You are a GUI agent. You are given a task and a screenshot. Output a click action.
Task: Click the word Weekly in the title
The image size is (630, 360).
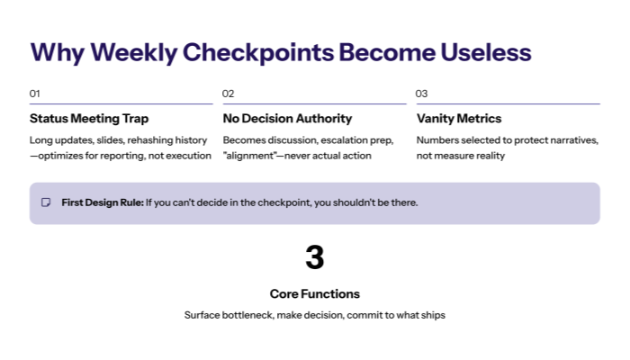pos(132,52)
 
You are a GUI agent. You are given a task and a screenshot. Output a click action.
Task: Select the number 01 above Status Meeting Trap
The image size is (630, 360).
pos(35,94)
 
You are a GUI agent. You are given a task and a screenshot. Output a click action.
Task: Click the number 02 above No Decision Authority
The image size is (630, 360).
pos(229,94)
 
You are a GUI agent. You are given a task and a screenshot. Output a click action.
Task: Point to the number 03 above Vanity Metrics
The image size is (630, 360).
pos(421,94)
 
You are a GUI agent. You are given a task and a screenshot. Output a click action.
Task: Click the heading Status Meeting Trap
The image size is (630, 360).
pos(89,119)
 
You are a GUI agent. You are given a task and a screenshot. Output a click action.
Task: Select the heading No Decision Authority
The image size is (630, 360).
pos(287,119)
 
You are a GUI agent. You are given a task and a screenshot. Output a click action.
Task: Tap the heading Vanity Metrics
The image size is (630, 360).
pos(459,119)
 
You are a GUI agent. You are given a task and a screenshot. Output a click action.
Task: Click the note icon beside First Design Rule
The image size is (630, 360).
pos(46,202)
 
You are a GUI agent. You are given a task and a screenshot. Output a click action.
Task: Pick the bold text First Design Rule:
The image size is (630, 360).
pos(102,202)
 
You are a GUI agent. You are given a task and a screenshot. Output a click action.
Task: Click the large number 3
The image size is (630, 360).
pos(314,258)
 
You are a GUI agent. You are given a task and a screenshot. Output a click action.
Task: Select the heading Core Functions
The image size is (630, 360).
pos(314,294)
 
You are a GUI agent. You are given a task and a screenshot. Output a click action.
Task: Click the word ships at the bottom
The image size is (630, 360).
pos(432,315)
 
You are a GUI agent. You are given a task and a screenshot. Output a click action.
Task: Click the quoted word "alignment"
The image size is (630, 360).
pos(252,156)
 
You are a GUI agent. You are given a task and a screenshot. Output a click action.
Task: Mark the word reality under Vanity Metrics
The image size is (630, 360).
pos(488,156)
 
